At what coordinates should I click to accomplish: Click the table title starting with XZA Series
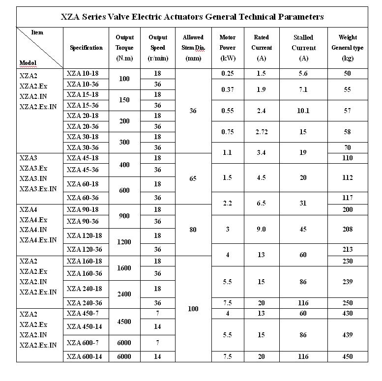192,17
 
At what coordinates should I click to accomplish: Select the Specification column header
86,48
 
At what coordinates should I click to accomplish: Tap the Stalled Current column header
303,48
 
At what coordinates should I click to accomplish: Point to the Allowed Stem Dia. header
193,48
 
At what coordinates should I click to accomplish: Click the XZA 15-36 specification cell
84,105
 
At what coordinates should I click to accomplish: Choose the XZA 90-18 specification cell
84,209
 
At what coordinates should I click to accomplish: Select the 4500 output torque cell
124,322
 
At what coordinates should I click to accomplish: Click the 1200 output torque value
124,242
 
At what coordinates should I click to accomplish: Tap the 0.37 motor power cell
227,89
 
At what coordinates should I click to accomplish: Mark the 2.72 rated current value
261,131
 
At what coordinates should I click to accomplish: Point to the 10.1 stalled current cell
303,111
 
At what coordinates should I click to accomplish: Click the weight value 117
347,198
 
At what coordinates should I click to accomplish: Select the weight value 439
347,335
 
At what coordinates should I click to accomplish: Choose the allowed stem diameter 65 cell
193,178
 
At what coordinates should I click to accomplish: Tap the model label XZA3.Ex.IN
38,189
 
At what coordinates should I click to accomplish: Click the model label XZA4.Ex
33,219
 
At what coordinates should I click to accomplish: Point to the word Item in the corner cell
37,32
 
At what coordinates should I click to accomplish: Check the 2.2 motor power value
227,203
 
